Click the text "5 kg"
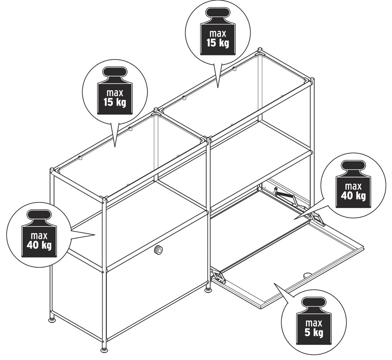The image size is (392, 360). tap(314, 333)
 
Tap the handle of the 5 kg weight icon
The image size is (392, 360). tap(314, 302)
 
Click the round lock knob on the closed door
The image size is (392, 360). tap(158, 249)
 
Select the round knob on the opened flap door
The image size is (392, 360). tap(307, 275)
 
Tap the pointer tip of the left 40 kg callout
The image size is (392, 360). tap(95, 235)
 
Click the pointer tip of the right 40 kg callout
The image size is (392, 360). tap(294, 219)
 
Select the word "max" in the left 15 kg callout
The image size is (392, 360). tap(115, 93)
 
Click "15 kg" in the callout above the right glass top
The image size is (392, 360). tap(218, 43)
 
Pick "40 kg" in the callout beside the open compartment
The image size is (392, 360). tap(353, 196)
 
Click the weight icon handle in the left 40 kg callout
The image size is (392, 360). tap(39, 215)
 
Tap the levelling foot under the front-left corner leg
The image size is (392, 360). tap(105, 350)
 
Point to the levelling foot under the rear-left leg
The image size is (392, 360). tap(52, 320)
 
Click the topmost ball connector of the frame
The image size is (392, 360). tap(260, 49)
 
